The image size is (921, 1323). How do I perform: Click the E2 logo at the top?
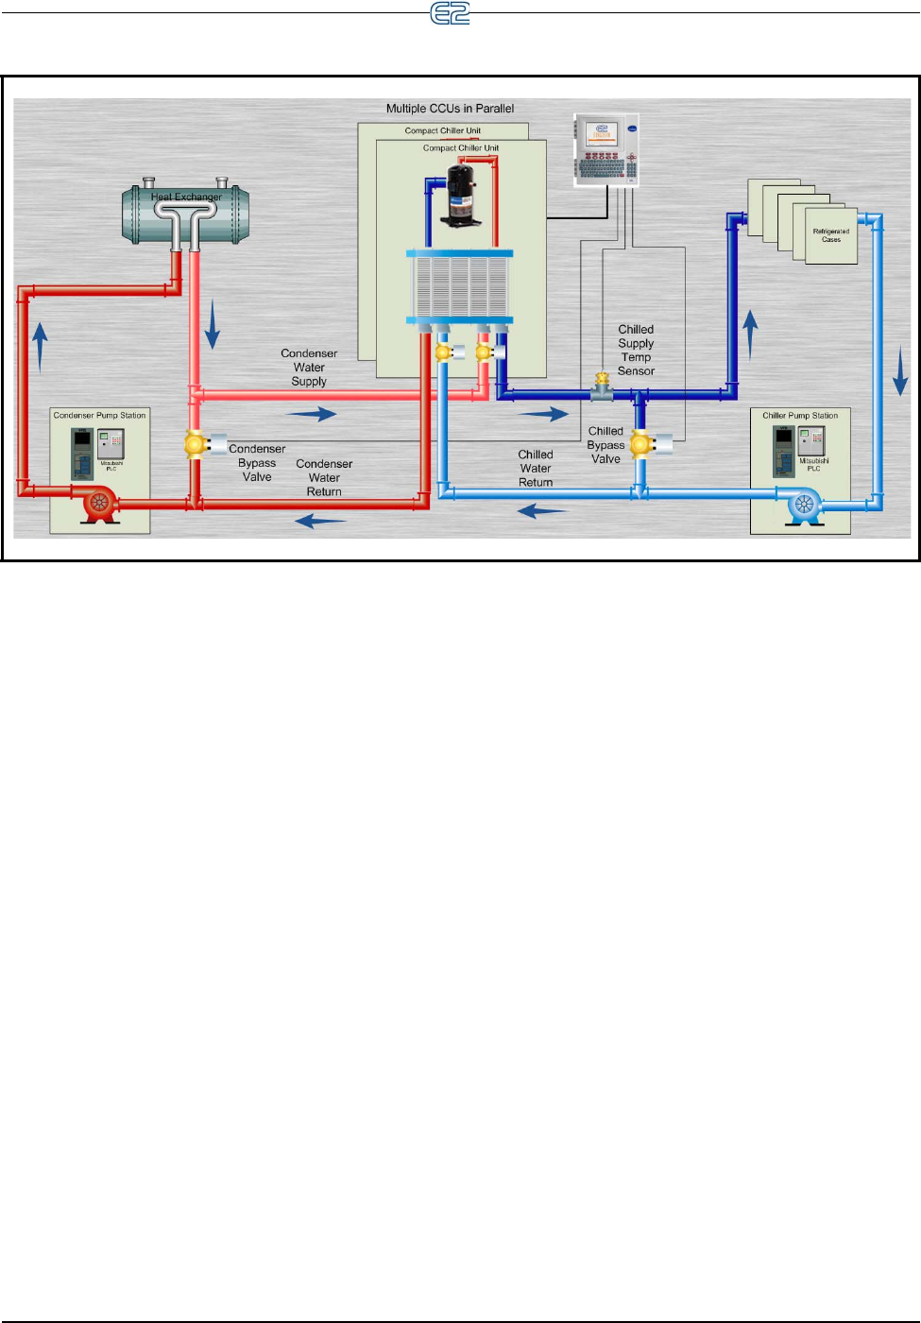coord(450,13)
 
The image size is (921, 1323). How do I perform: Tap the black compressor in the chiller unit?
coord(462,195)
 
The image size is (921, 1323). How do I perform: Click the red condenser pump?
coord(98,503)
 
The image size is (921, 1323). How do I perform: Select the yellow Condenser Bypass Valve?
coord(196,443)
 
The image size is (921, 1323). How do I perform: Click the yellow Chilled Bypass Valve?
coord(641,443)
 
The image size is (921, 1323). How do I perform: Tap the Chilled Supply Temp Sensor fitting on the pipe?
coord(602,386)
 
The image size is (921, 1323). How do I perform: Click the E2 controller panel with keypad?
coord(605,150)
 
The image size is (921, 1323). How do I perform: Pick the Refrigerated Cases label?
coord(831,235)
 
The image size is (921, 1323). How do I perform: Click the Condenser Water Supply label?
coord(309,368)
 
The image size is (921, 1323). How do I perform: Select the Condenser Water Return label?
coord(324,477)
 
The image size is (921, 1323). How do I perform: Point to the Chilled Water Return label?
coord(536,468)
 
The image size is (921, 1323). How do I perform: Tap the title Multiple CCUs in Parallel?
coord(450,109)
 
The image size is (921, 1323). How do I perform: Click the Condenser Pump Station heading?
coord(99,416)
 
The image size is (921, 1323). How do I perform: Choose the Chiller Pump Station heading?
coord(800,416)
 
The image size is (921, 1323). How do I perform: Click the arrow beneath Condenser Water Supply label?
coord(312,414)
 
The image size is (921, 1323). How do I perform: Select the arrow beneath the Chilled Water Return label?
coord(542,511)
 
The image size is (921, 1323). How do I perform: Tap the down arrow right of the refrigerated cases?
coord(900,370)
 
